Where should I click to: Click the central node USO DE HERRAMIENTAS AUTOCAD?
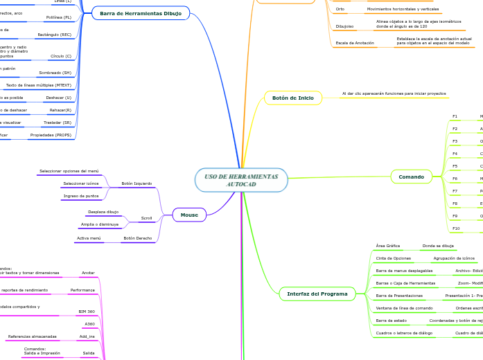point(241,180)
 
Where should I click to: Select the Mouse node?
point(189,215)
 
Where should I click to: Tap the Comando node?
point(411,177)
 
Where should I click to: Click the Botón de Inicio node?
point(292,98)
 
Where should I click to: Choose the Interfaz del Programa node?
point(317,294)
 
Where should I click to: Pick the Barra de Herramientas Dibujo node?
point(141,13)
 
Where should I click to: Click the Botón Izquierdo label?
point(137,183)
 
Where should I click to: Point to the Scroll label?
point(146,218)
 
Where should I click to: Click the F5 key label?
point(455,166)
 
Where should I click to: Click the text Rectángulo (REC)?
point(55,33)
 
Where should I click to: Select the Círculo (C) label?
point(61,55)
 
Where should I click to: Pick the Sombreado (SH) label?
point(55,73)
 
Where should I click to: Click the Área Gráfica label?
point(387,246)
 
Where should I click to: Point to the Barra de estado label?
point(391,321)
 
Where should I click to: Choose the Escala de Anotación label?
point(355,43)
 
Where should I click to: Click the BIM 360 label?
point(87,312)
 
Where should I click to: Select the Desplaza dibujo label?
point(103,211)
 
